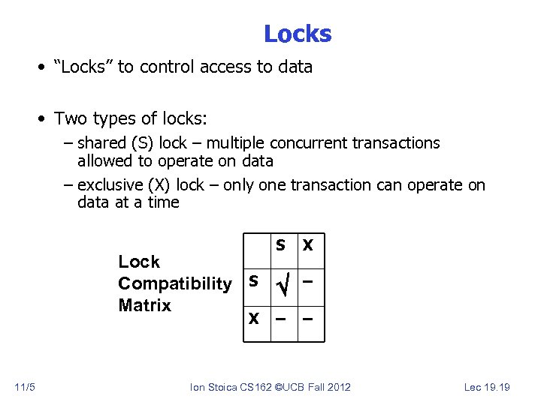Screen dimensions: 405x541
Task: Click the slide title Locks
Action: click(297, 34)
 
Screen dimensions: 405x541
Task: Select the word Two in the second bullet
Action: click(71, 118)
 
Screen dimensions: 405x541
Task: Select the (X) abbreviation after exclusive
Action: click(160, 184)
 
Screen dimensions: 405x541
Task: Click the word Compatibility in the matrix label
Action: click(174, 283)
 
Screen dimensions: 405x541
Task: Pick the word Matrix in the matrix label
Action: click(144, 305)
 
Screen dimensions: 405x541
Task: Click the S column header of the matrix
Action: click(280, 245)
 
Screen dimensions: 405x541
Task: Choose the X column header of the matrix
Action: click(308, 245)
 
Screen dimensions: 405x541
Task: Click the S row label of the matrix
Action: click(254, 281)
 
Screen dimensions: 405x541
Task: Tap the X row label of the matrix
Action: click(254, 319)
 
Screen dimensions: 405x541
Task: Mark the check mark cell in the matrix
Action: click(283, 286)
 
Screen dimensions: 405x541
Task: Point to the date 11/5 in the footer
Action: click(25, 387)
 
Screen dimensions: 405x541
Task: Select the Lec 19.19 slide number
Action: click(486, 387)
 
